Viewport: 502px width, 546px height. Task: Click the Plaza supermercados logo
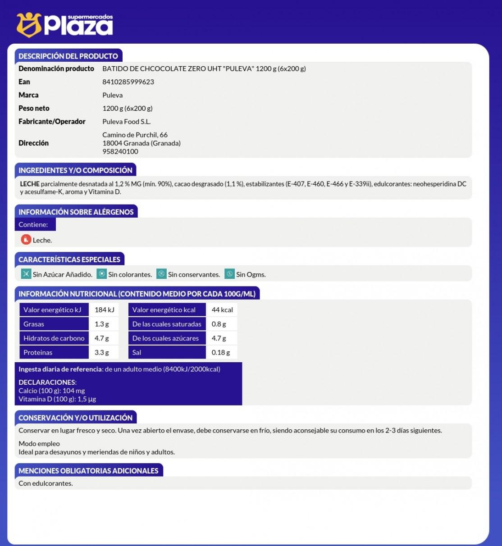[65, 25]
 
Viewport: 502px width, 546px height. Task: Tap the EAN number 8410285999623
[128, 82]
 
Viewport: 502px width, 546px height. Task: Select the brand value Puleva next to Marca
[112, 95]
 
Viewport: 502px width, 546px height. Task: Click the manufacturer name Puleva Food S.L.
[126, 122]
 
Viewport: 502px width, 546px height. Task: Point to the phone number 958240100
[120, 151]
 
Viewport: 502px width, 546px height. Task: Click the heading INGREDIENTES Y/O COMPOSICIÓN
[75, 170]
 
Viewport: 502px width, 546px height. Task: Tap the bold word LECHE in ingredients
[30, 184]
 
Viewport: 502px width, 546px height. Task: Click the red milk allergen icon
[26, 240]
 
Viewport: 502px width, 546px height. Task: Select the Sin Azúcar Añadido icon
[26, 274]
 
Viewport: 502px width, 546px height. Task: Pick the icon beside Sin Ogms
[229, 274]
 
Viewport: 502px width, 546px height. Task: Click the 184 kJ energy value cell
[104, 310]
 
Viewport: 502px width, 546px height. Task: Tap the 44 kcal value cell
[222, 310]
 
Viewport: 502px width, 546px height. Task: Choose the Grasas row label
[34, 324]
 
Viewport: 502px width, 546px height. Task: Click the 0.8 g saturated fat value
[219, 324]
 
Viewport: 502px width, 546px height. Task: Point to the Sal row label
[137, 352]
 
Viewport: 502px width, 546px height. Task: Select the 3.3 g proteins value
[101, 352]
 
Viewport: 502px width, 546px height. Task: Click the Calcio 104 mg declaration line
[51, 391]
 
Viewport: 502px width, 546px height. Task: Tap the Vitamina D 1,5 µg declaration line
[57, 399]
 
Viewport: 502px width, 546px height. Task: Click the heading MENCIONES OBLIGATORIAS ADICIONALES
[88, 471]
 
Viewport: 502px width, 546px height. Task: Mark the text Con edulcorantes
[46, 483]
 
